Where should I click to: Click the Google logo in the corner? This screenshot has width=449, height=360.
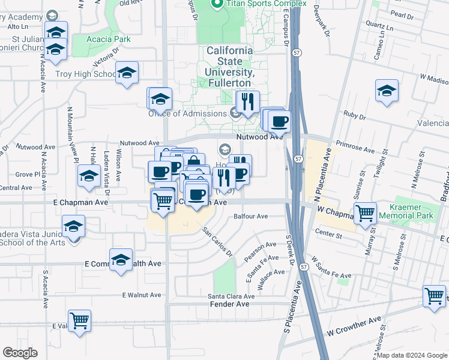pos(20,353)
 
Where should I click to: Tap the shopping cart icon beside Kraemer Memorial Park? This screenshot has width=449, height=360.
pos(365,213)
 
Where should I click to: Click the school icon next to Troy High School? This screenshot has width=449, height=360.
pos(127,73)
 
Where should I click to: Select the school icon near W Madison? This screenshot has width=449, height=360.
pos(387,91)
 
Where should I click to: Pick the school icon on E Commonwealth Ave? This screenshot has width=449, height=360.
pos(121,259)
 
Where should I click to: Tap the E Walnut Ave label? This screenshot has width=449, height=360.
pos(142,295)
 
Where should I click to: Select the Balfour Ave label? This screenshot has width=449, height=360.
pos(250,216)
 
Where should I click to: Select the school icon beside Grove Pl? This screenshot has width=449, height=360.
pos(88,176)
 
